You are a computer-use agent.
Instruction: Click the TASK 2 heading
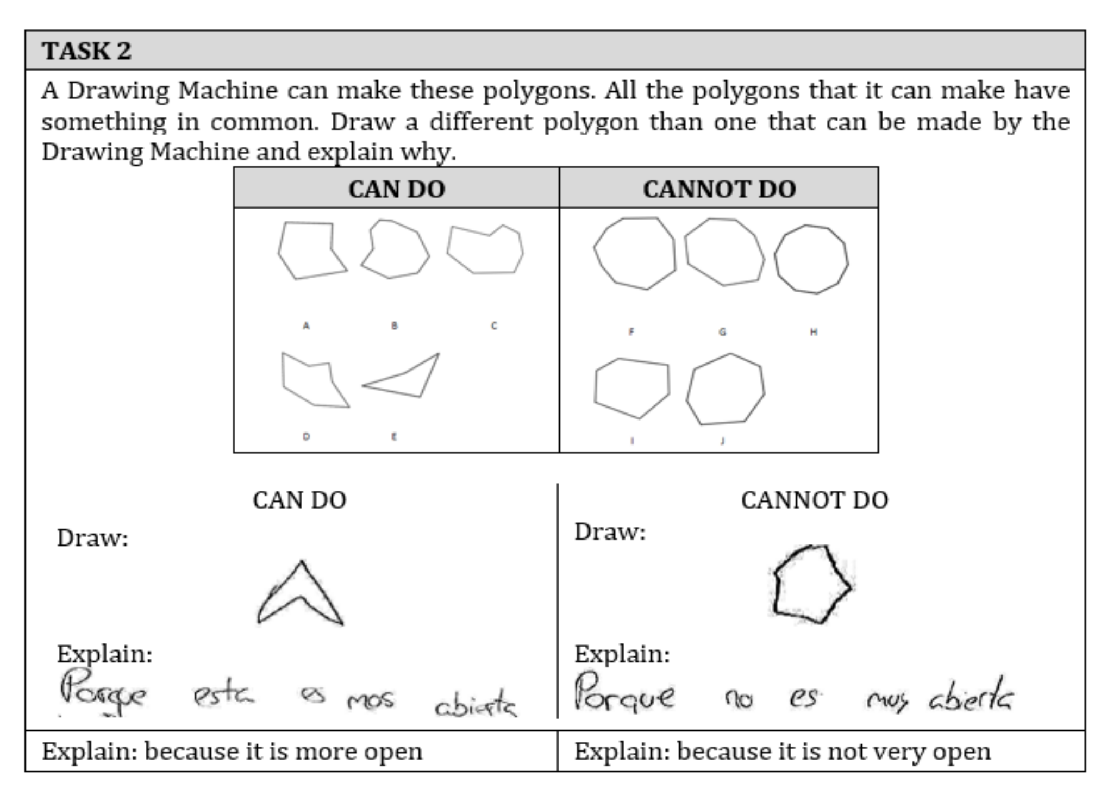tap(87, 51)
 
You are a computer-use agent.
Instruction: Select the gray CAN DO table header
tap(397, 189)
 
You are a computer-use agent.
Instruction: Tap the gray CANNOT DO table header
tap(719, 189)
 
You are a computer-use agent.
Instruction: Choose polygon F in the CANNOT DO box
tap(635, 253)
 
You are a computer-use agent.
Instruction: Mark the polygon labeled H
tap(811, 259)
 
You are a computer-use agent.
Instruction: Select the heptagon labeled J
tap(726, 390)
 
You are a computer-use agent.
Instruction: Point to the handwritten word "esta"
tap(223, 696)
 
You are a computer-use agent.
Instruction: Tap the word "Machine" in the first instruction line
tap(228, 90)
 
